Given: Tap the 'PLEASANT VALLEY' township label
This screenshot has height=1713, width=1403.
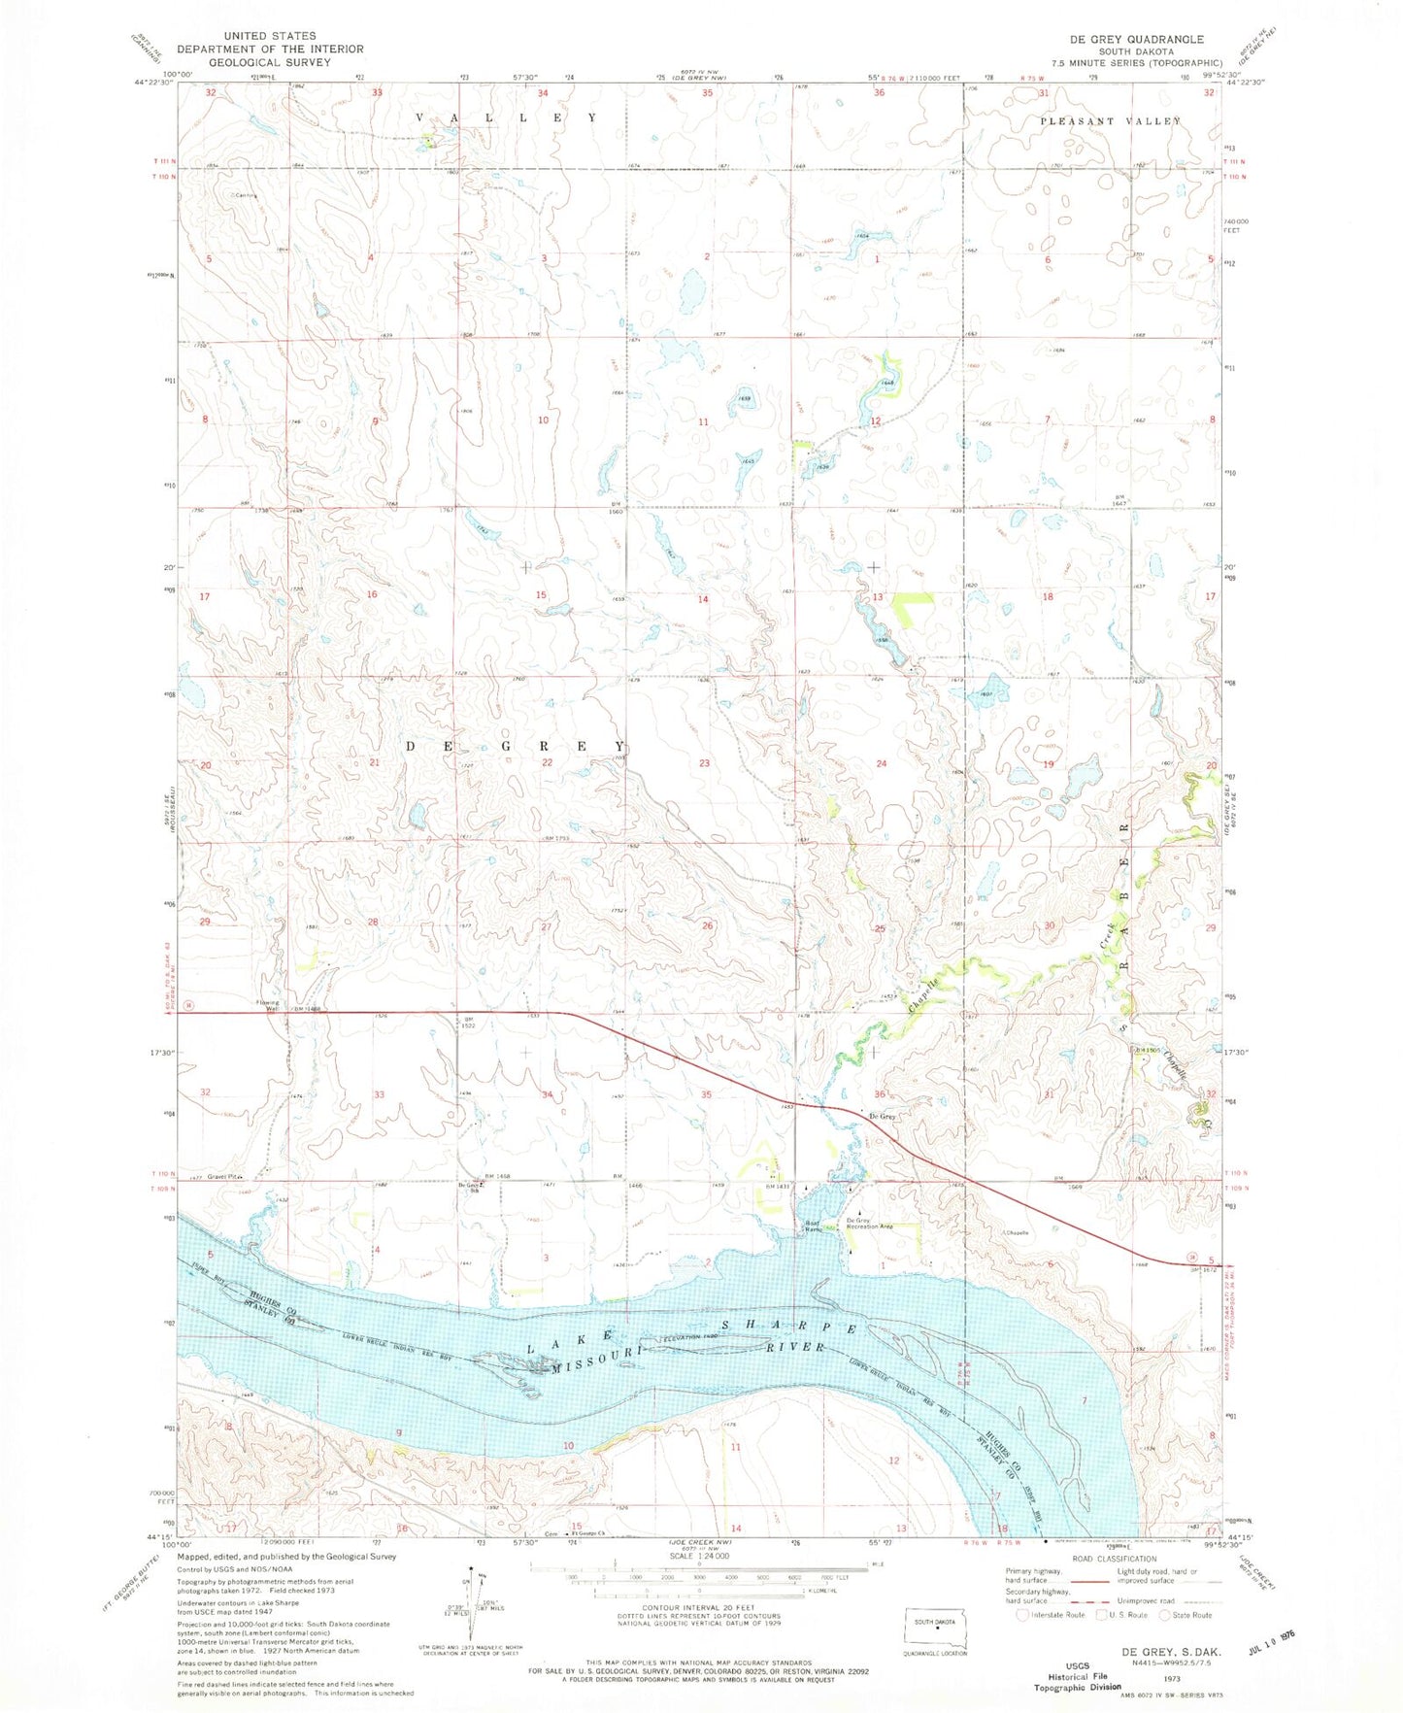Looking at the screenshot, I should point(1111,121).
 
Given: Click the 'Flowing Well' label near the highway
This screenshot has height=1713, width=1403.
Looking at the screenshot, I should point(267,1007).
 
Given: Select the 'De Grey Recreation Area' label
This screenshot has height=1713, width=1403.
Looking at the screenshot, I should point(869,1224).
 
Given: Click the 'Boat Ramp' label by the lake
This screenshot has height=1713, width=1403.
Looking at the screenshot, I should point(812,1226).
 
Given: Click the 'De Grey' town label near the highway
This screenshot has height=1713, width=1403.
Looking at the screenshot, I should point(882,1117).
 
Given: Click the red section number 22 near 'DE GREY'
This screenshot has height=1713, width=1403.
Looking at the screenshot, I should point(547,763).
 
